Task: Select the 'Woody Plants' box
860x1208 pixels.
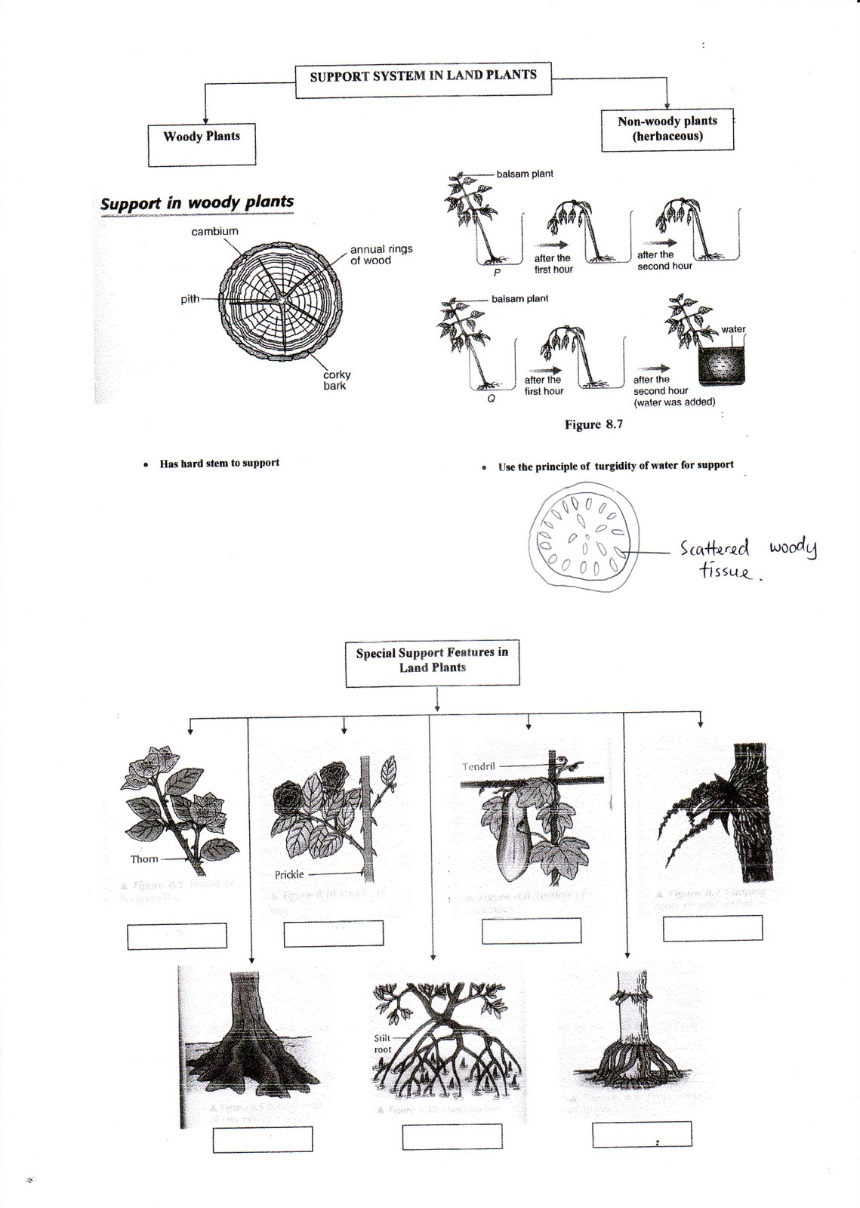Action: point(202,144)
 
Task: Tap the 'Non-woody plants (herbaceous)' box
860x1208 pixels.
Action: point(667,129)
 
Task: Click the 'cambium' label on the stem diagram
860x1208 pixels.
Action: point(214,231)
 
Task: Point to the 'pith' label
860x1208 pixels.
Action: point(190,299)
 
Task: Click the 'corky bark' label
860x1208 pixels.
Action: point(336,380)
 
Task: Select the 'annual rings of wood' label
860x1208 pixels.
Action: point(381,254)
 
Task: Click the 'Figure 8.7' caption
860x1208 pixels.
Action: point(593,424)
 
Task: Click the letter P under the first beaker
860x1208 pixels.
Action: point(496,273)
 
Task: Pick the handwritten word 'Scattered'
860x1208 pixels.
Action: point(714,547)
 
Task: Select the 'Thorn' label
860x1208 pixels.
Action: point(144,858)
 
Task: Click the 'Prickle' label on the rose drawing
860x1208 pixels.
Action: point(289,874)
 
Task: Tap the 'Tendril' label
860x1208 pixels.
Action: point(479,766)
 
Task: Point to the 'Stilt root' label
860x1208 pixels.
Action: point(383,1043)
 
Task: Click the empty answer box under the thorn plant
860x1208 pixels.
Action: point(177,935)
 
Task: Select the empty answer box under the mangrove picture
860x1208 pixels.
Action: point(452,1136)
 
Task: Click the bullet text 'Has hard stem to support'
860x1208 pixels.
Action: point(219,463)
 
